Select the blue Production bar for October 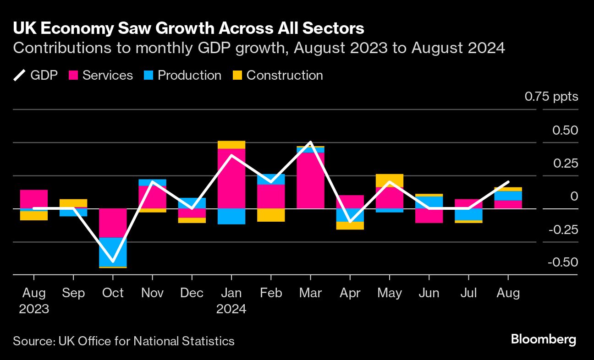(x=113, y=252)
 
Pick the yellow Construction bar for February (x=271, y=215)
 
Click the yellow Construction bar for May (x=389, y=180)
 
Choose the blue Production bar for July (x=468, y=214)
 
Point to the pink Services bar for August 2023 (x=34, y=199)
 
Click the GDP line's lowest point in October (x=113, y=261)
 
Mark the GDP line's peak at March (x=310, y=142)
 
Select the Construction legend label (x=285, y=75)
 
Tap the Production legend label (x=189, y=75)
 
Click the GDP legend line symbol (x=20, y=75)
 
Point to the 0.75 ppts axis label (x=551, y=97)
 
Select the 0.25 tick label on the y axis (x=565, y=164)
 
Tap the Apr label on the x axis (x=350, y=293)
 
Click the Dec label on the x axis (x=192, y=293)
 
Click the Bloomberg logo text (x=543, y=339)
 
